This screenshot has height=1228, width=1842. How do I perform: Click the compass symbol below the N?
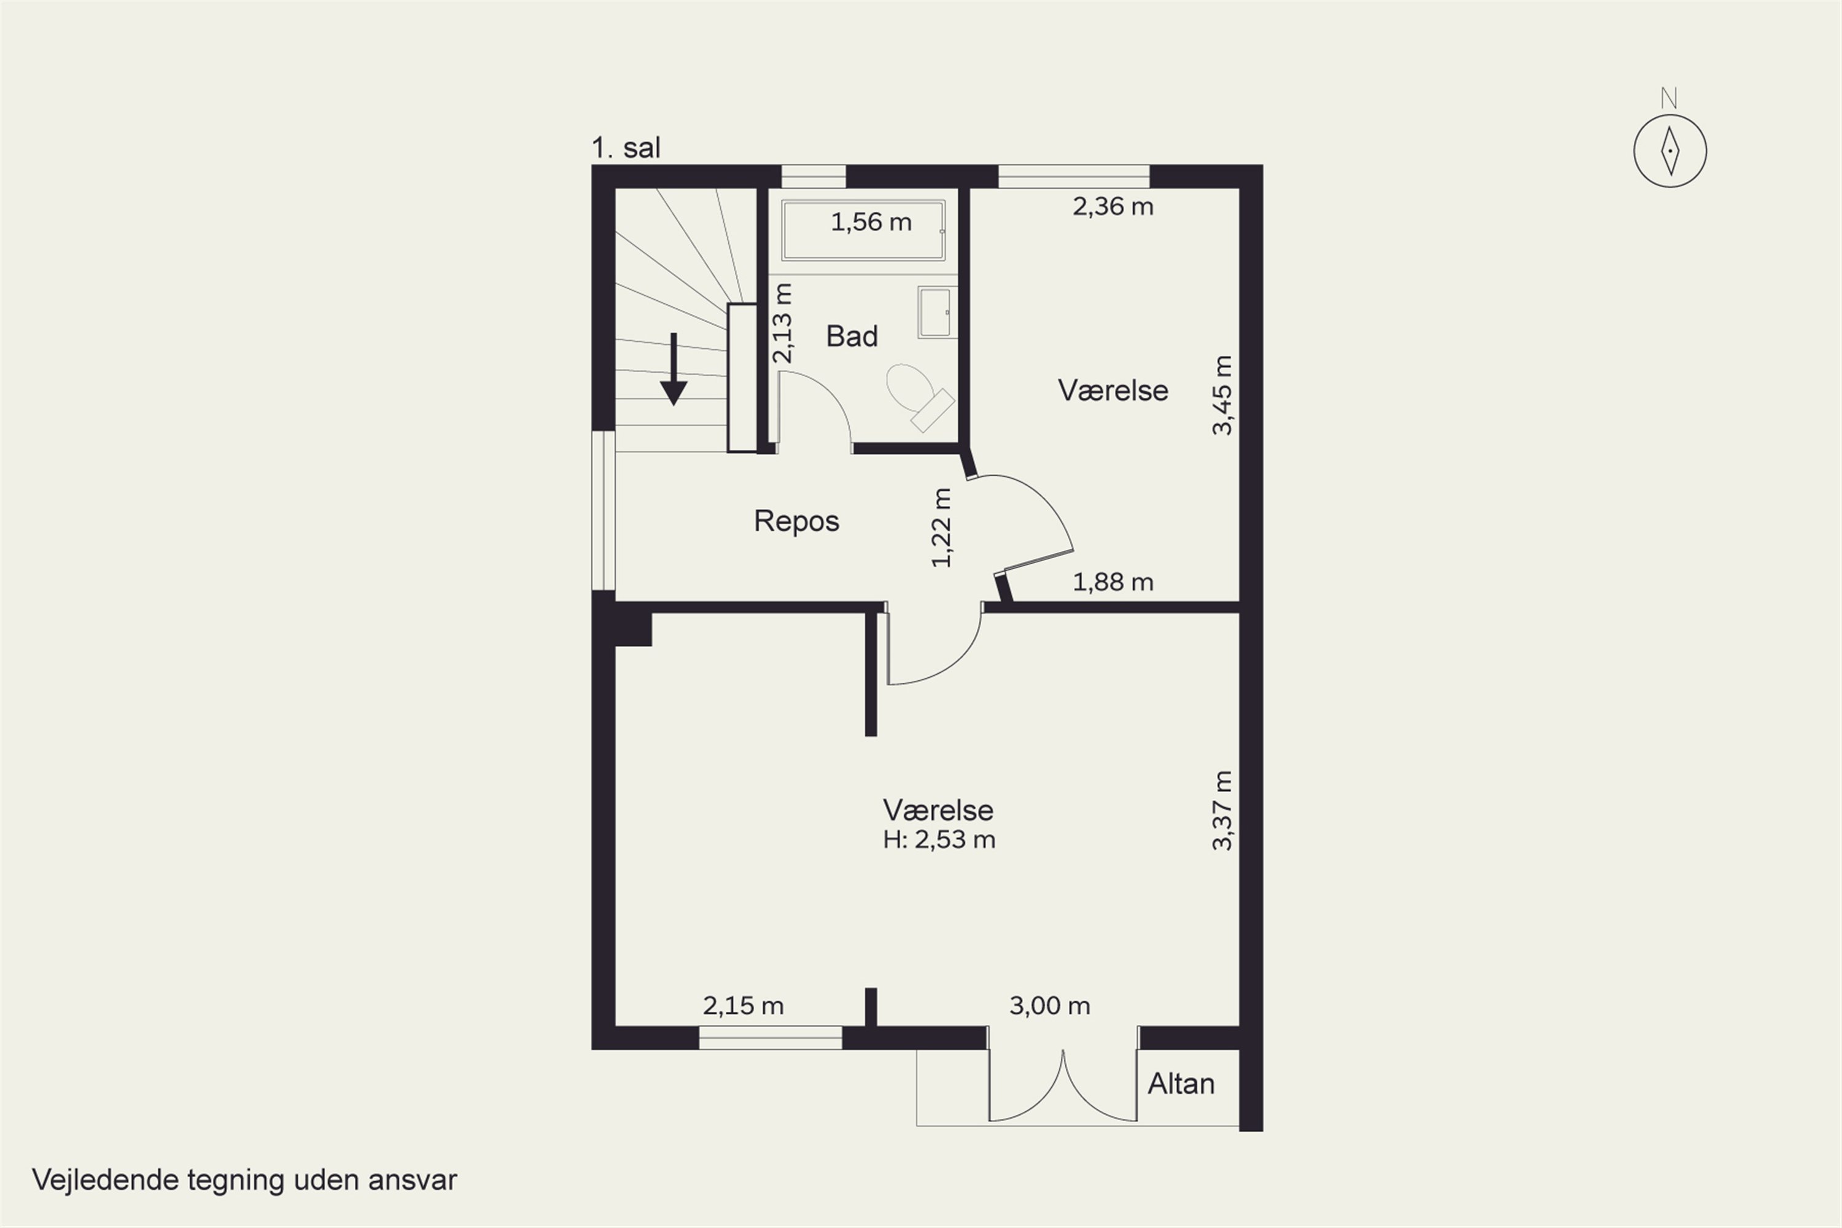(1669, 151)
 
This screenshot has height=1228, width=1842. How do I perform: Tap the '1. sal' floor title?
(626, 147)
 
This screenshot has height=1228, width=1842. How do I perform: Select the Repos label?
(796, 521)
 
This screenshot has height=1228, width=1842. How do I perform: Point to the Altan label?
(1181, 1084)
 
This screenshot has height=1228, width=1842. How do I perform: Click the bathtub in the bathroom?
(863, 230)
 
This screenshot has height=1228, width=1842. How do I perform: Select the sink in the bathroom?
(936, 312)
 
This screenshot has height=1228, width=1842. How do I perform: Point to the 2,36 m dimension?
(1113, 207)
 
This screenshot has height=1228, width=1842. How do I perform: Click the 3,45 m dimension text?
(1222, 395)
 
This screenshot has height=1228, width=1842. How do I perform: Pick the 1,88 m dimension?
(1113, 582)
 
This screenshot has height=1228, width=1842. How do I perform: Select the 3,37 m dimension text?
(1222, 810)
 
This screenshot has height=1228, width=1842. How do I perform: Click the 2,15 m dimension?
(743, 1006)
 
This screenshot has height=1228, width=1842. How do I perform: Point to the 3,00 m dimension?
(1049, 1006)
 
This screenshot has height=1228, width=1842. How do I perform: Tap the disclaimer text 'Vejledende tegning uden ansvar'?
(244, 1179)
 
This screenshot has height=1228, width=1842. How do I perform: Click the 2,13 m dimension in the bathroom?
(782, 324)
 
